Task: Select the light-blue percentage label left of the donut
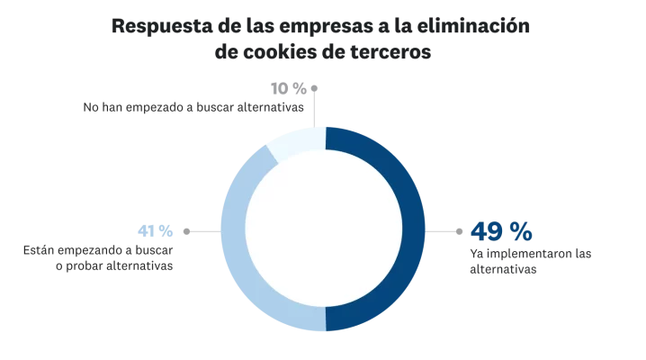coord(153,230)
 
